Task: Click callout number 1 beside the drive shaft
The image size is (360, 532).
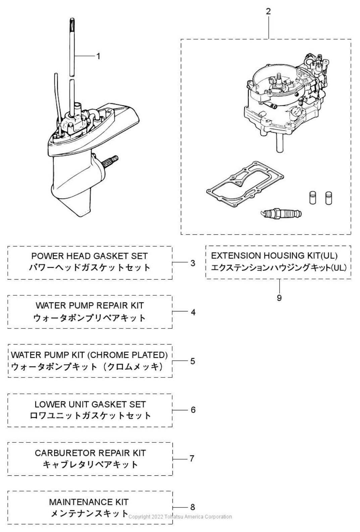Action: (x=98, y=56)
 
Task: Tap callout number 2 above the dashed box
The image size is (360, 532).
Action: (x=268, y=11)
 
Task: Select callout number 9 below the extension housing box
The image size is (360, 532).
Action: (x=279, y=298)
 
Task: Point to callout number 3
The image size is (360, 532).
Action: (x=193, y=263)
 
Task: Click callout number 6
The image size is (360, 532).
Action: (x=193, y=410)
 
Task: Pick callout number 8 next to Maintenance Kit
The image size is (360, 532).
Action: (x=193, y=507)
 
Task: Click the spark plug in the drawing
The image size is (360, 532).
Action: (x=282, y=213)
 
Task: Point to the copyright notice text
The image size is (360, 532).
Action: (x=180, y=517)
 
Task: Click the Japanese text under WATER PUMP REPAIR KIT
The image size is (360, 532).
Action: (x=90, y=318)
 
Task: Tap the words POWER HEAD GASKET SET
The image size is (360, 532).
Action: (x=90, y=256)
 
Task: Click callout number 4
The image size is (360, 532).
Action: (x=193, y=312)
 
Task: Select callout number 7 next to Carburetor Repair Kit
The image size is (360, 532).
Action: (x=192, y=458)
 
